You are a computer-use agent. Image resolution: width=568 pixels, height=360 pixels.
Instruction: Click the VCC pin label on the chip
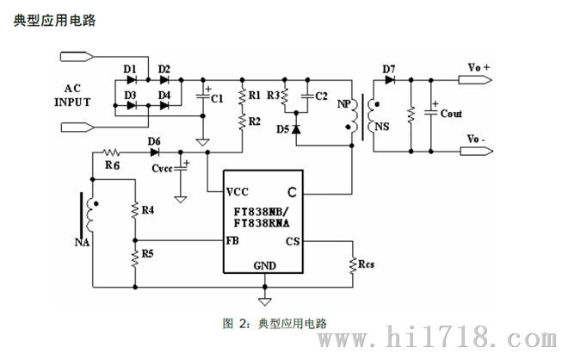[x=238, y=191]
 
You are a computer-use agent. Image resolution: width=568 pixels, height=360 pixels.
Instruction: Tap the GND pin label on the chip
[x=264, y=265]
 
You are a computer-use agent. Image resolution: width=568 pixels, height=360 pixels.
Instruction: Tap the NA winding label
[x=78, y=243]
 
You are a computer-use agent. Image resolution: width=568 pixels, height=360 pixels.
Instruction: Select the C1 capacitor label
[x=217, y=100]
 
